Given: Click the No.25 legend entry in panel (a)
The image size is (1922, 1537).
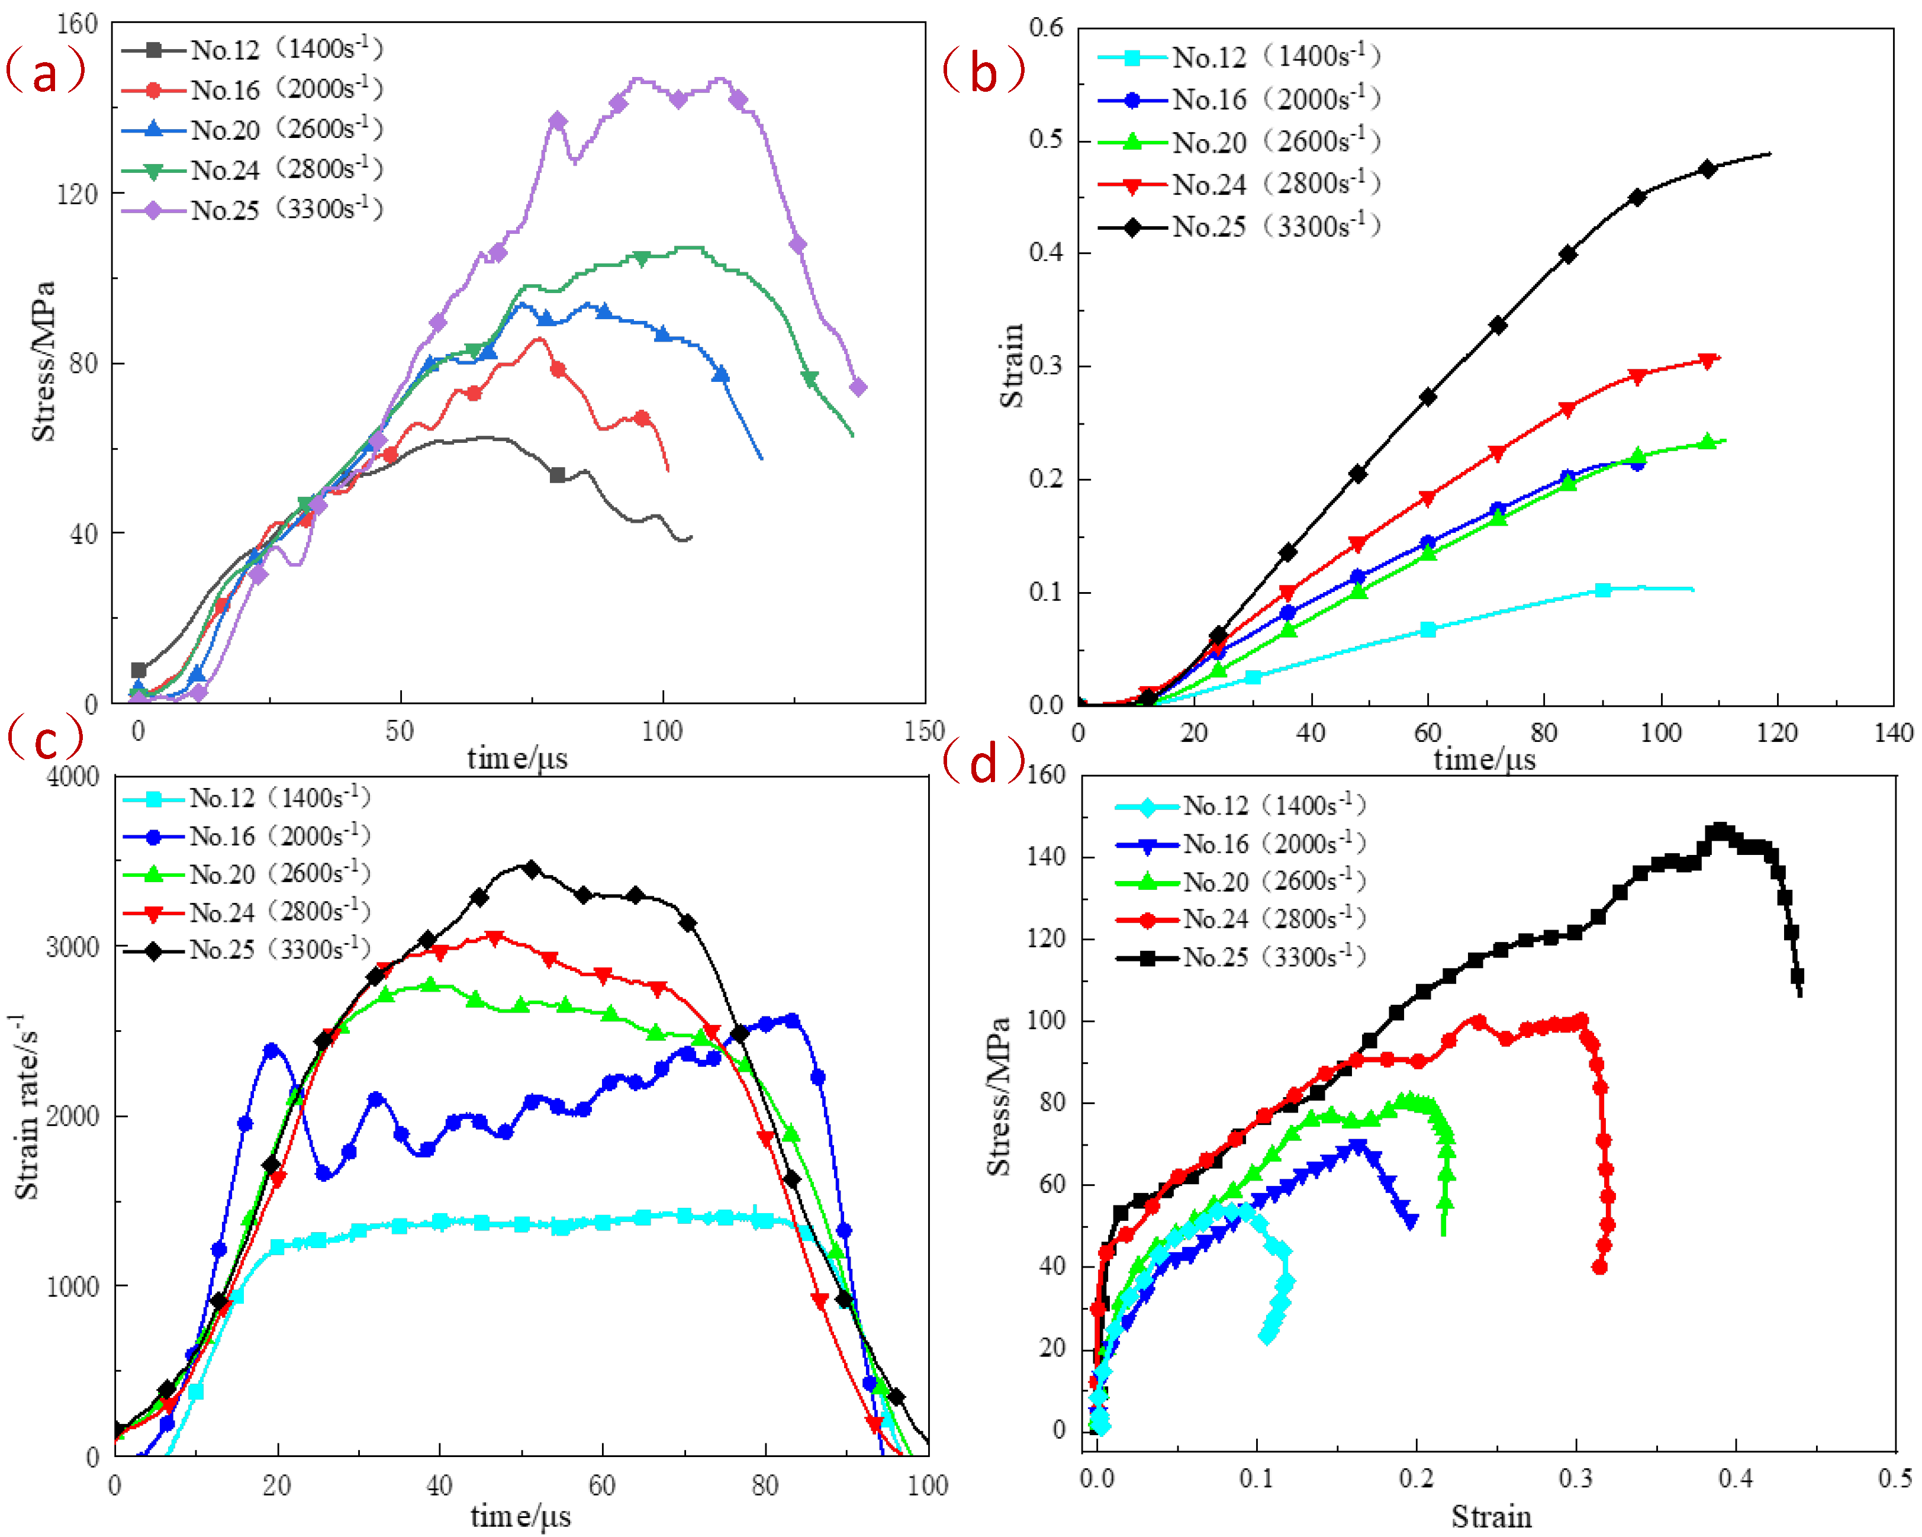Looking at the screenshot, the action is coord(253,210).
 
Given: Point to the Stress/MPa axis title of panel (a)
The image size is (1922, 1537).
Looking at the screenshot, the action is coord(43,361).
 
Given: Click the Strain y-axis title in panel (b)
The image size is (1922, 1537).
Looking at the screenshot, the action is coord(1012,365).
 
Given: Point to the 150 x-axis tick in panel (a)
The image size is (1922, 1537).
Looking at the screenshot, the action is coord(925,731).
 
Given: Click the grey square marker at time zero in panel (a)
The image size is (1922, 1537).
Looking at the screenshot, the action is coord(138,670).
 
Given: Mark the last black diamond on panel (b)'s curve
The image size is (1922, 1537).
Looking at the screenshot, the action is coord(1707,169).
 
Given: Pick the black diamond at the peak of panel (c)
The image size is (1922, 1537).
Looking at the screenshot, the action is coord(532,869).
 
